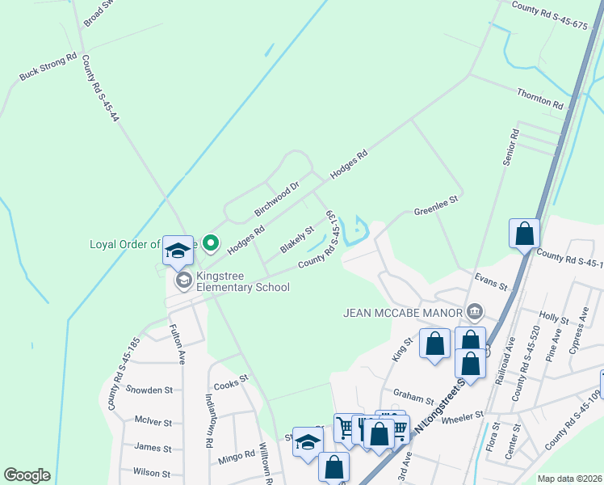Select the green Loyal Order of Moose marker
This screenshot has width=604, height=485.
(211, 242)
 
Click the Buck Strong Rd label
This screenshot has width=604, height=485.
(48, 67)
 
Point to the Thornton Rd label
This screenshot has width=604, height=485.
(540, 99)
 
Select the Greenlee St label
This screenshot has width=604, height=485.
(436, 204)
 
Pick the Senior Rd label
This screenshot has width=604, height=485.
(510, 147)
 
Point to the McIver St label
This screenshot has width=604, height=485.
(153, 421)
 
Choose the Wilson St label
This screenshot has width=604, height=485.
(152, 473)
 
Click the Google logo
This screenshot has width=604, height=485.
(27, 475)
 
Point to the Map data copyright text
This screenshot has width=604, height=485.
(569, 479)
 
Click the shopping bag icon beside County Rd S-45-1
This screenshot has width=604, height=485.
(524, 234)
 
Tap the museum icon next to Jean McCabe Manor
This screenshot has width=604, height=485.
(475, 312)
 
